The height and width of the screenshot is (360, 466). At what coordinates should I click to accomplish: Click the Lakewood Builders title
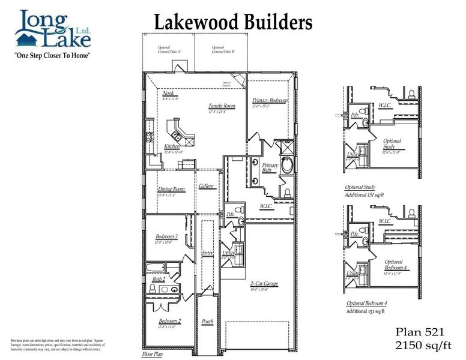click(x=234, y=22)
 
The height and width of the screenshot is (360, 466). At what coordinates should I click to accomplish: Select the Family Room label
click(x=222, y=106)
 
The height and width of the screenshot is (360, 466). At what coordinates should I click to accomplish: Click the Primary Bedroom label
click(x=270, y=100)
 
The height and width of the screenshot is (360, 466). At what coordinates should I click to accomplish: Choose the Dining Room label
click(x=171, y=190)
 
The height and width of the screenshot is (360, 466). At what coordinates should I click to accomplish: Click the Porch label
click(x=207, y=322)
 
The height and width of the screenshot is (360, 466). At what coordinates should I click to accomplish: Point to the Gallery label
click(x=207, y=186)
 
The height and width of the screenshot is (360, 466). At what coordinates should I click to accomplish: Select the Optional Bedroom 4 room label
click(x=395, y=265)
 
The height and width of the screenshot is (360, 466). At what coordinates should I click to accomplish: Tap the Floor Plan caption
click(x=153, y=355)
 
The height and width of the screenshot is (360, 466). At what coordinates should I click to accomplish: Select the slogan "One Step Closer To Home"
click(x=52, y=55)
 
